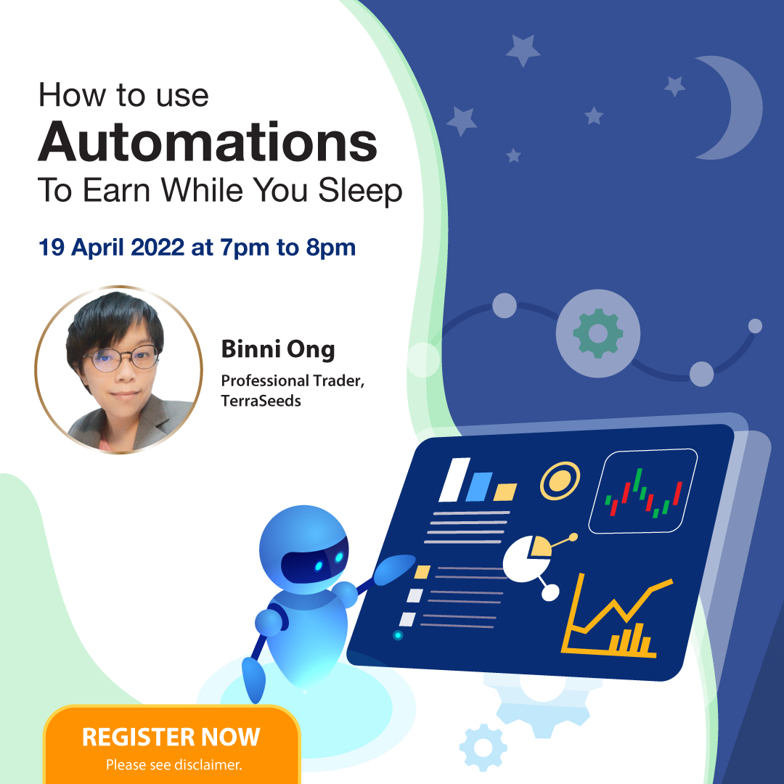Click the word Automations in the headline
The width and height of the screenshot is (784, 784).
[208, 142]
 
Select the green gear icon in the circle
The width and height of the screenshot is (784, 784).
[598, 333]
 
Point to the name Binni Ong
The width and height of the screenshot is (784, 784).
[278, 349]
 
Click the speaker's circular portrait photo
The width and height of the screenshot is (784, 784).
[118, 370]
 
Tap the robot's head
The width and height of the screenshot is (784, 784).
[304, 550]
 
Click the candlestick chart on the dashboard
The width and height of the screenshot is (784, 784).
[643, 491]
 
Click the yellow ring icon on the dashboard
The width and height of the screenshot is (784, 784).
[560, 481]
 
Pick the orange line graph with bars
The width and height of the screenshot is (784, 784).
[617, 615]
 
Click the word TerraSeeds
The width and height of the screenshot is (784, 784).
[261, 401]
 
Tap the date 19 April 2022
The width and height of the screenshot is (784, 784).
[112, 247]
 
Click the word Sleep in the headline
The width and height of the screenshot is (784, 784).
[360, 191]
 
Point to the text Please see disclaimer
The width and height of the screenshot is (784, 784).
[174, 764]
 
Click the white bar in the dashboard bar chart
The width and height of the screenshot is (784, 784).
[454, 480]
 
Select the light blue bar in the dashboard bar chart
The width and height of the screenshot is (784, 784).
[479, 486]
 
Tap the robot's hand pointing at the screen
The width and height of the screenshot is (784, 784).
[394, 569]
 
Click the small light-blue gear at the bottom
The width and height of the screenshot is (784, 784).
[483, 748]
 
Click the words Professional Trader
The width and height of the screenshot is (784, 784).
[293, 381]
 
